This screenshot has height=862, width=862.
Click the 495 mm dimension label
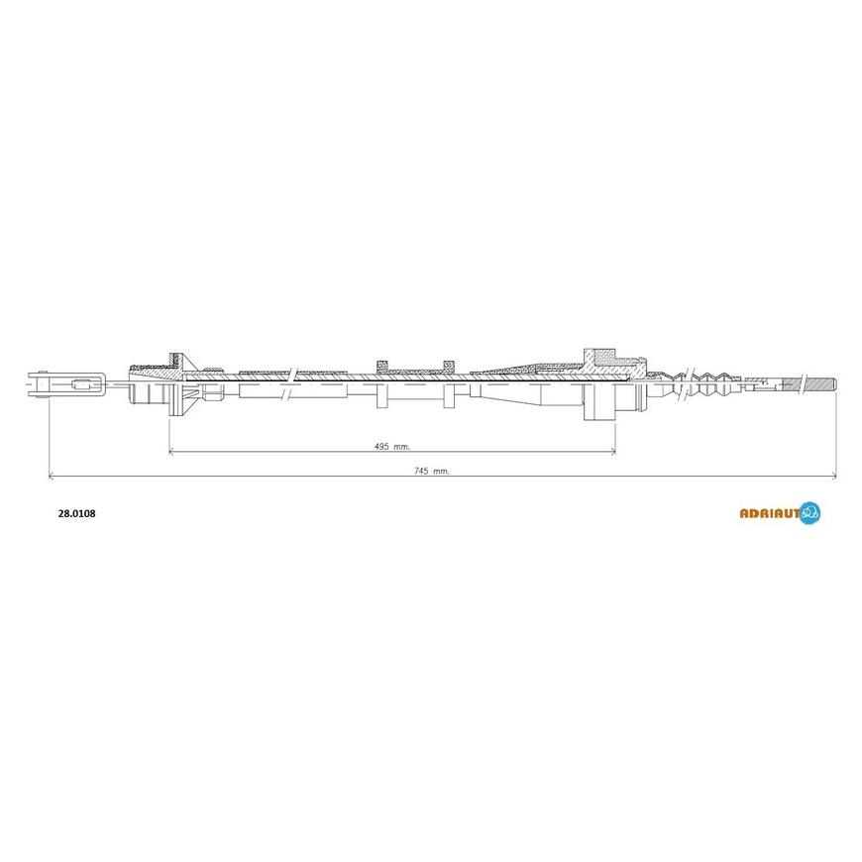tap(392, 447)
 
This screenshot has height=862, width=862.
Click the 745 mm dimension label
tap(432, 472)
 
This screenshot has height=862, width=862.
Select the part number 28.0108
tap(77, 513)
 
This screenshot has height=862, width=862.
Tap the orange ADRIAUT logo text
tap(769, 513)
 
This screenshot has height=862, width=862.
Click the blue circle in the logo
tap(809, 513)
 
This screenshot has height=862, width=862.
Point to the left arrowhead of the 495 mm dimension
tap(171, 452)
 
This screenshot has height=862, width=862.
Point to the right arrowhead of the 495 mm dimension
tap(612, 452)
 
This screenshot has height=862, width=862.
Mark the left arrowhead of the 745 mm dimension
tap(52, 477)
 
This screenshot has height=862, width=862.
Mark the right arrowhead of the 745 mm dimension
tap(833, 477)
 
